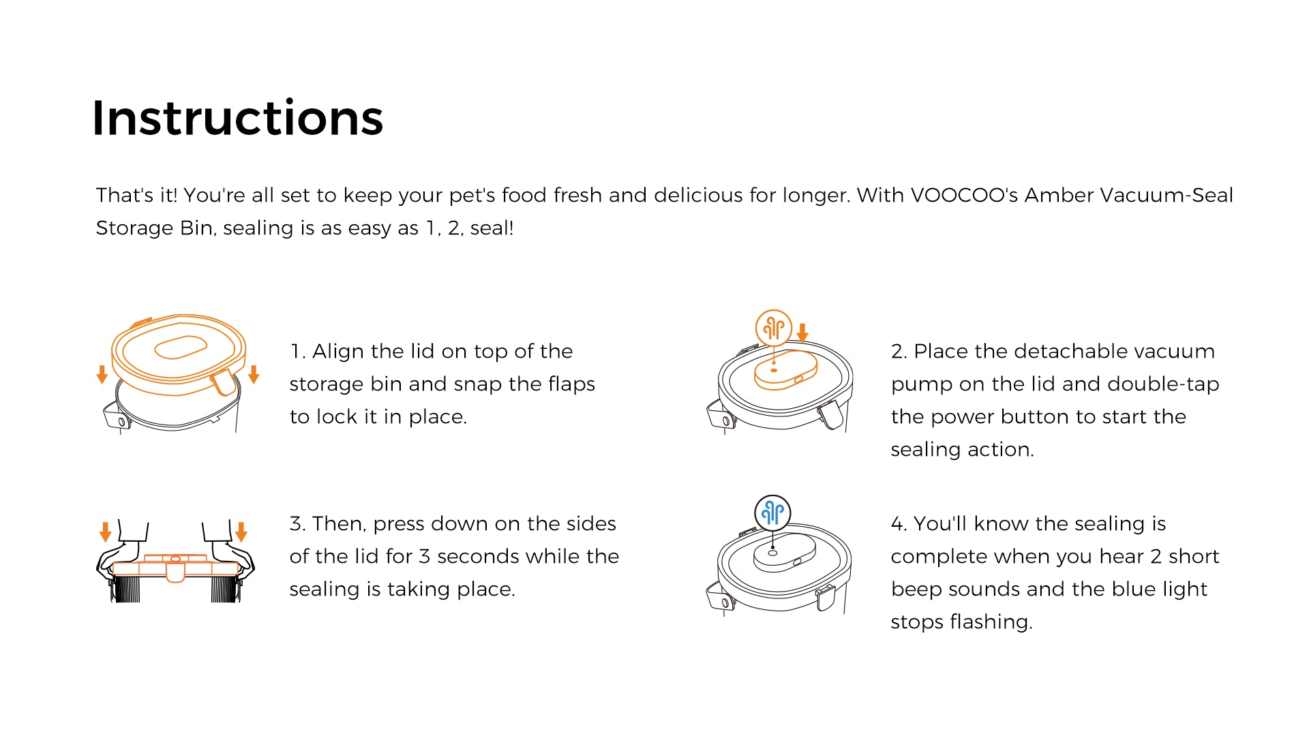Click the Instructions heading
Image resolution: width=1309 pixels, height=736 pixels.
(x=237, y=118)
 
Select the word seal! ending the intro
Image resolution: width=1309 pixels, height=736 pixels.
(x=492, y=228)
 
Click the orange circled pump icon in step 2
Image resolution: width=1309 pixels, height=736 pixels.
(x=773, y=328)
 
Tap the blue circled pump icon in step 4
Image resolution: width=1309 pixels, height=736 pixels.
(x=772, y=512)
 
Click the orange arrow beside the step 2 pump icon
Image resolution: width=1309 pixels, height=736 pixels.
(x=802, y=333)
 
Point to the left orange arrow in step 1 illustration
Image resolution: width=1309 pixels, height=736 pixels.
(x=102, y=374)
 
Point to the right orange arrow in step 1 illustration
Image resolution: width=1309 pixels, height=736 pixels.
(x=254, y=374)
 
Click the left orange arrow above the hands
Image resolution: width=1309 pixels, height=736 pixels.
(x=105, y=532)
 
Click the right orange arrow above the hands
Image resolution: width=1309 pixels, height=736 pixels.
(x=241, y=532)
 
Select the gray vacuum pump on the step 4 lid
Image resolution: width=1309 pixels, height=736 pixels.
(x=785, y=552)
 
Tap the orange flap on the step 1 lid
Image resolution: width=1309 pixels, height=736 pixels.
(x=223, y=383)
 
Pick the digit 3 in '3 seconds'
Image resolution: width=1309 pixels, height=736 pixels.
(x=424, y=557)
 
